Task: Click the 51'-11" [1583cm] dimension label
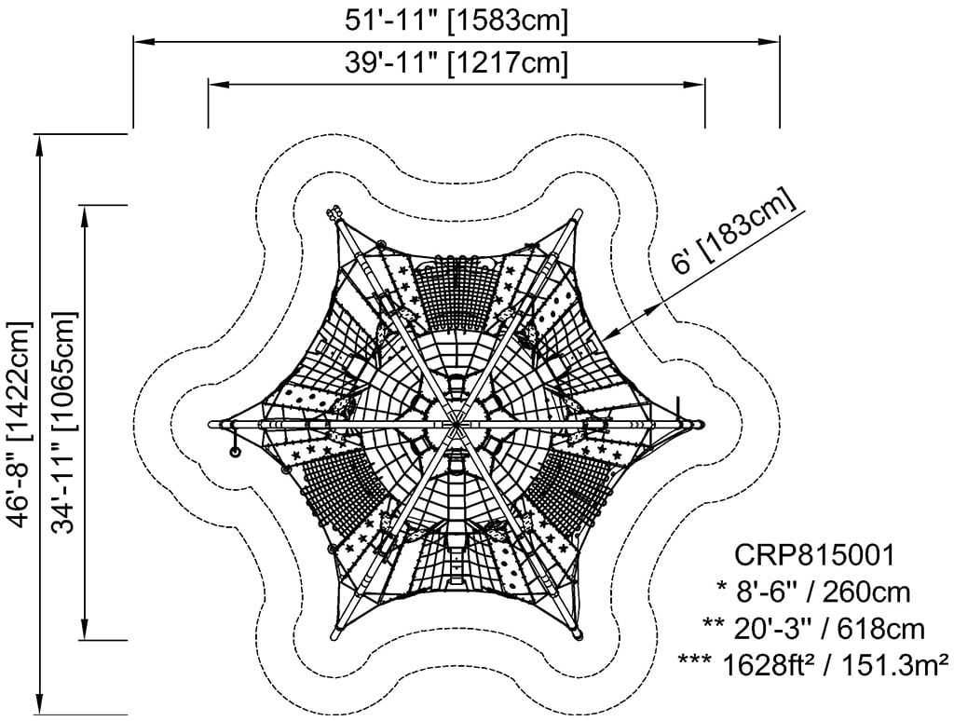coord(457,20)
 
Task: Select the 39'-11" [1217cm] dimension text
coord(457,62)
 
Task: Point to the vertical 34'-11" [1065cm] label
coord(64,422)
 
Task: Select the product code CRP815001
coord(814,555)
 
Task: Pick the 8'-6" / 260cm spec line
coord(813,592)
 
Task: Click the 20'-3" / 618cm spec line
coord(813,629)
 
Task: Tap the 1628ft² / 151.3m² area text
coord(813,665)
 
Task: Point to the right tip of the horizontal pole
coord(702,424)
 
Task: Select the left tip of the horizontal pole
coord(211,424)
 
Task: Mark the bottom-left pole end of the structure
coord(334,636)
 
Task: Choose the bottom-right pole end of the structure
coord(578,636)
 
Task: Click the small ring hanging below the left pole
coord(234,452)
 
